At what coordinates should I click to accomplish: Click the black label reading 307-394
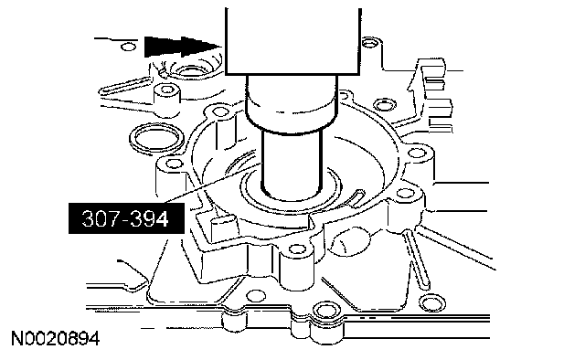coord(126,218)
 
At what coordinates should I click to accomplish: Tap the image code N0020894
coord(55,339)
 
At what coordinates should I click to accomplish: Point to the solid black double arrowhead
coord(183,47)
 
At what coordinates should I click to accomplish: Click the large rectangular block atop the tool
coord(292,41)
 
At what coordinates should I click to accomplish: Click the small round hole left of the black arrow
coord(129,47)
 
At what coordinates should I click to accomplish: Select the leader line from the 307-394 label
coord(212,183)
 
